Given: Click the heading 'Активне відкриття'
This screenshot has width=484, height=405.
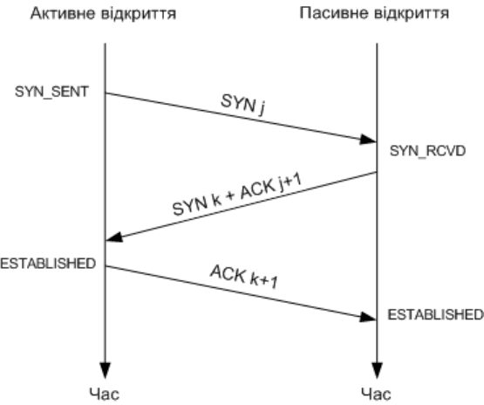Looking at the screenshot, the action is tap(103, 14).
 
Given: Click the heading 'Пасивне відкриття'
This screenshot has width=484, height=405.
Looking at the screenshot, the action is tap(374, 13).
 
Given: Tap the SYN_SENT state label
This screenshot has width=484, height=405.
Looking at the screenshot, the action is tap(51, 92).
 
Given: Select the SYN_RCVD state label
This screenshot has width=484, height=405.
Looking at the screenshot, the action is tap(427, 151).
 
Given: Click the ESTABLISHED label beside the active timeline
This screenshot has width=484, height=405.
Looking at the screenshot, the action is tap(48, 264).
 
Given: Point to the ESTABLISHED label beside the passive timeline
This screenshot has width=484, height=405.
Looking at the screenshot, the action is tap(435, 314).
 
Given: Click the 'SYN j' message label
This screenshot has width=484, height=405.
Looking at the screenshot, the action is tap(243, 105).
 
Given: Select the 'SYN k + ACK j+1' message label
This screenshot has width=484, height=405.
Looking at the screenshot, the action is tap(237, 195).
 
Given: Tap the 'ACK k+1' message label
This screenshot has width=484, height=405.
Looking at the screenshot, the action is tap(244, 277).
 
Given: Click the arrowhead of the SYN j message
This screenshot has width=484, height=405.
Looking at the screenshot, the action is tap(369, 140).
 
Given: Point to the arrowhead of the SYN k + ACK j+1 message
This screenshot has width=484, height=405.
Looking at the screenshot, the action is tap(113, 237).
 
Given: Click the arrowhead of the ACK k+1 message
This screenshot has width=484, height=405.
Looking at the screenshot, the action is tap(369, 317).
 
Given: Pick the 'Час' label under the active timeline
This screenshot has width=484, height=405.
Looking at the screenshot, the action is tap(105, 395).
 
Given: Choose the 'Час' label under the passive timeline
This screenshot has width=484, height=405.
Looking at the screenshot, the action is tap(376, 395).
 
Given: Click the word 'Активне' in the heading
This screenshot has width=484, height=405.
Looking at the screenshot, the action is tap(64, 14).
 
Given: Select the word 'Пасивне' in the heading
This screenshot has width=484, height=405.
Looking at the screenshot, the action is tap(334, 13).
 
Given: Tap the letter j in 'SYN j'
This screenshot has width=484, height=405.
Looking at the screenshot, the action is tap(262, 110).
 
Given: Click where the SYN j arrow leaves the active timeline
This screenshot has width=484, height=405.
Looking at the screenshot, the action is tap(106, 93).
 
